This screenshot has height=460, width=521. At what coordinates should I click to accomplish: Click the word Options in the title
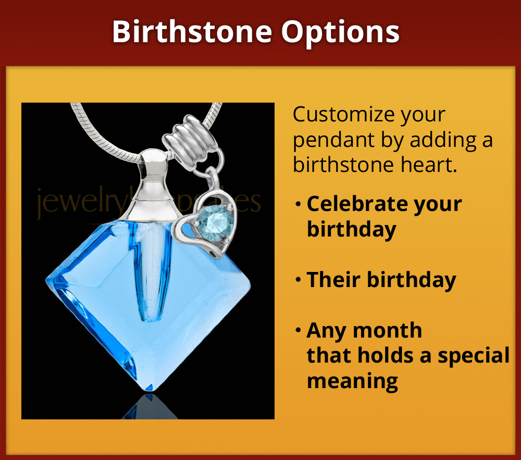(341, 32)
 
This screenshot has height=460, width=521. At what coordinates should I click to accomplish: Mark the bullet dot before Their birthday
(297, 280)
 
